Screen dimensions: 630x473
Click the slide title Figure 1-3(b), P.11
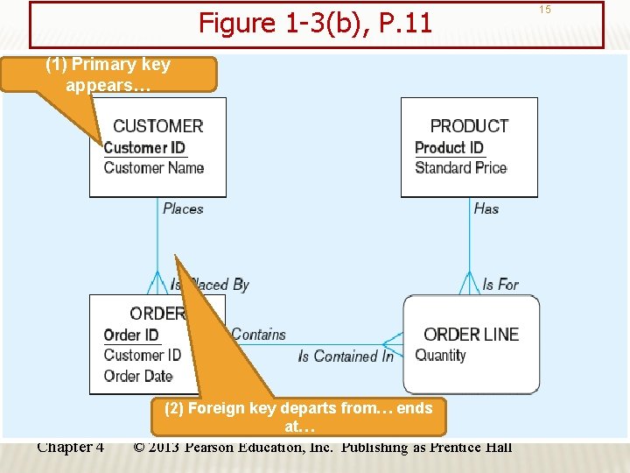point(315,23)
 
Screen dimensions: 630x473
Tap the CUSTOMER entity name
point(158,126)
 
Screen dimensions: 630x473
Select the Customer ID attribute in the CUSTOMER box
point(144,148)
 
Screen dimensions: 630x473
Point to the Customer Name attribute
point(154,168)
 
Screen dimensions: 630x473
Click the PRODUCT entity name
point(469,126)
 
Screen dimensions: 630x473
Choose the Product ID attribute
point(449,148)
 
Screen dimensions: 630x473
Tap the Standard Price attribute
point(460,168)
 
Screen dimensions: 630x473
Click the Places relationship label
point(183,208)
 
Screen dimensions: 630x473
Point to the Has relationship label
point(486,208)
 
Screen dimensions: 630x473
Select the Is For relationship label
point(500,285)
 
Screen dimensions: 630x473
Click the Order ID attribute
point(131,335)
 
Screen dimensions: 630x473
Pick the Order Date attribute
point(138,376)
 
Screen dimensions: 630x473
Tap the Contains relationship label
point(259,335)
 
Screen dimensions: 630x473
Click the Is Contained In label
point(346,357)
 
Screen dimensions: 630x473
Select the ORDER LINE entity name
point(471,335)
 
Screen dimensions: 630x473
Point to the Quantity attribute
point(440,355)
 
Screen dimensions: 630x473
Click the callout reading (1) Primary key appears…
point(108,74)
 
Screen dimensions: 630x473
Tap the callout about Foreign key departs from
point(298,417)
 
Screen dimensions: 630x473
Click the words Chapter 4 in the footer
point(71,448)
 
